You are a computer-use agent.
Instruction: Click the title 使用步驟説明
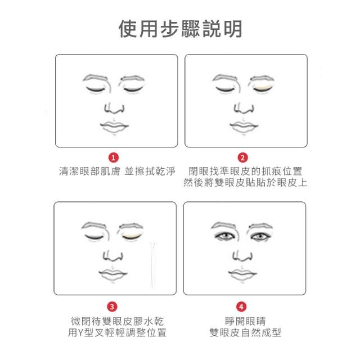(x=180, y=29)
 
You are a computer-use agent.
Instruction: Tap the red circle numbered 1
(x=114, y=157)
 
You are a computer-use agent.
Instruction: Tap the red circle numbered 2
(x=242, y=157)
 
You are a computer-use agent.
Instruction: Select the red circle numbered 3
(x=112, y=307)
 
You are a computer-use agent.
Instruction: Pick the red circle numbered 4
(x=241, y=307)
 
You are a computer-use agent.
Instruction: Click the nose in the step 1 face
(x=114, y=109)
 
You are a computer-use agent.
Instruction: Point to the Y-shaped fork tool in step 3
(x=153, y=264)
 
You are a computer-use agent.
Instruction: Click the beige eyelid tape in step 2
(x=262, y=88)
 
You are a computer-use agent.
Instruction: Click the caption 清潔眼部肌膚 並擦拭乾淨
(x=117, y=171)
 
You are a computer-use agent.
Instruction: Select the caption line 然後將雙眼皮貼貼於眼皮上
(x=245, y=183)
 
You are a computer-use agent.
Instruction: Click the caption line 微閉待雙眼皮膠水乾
(x=117, y=321)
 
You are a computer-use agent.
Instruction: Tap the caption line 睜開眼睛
(x=245, y=321)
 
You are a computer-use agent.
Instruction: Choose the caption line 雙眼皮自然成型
(x=245, y=332)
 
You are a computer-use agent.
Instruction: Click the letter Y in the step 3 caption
(x=80, y=332)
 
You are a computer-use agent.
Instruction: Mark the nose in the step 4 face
(x=242, y=256)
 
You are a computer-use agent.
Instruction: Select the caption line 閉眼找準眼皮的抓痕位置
(x=245, y=171)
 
